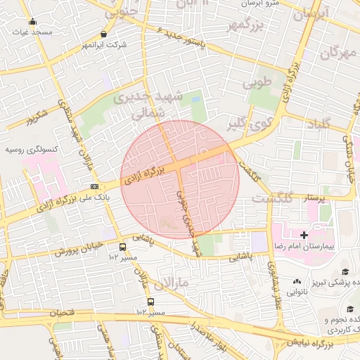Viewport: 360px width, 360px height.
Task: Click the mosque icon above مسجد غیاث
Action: click(x=32, y=21)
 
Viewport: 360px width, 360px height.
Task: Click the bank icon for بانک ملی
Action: click(x=94, y=186)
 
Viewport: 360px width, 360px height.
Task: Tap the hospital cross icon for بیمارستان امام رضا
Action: click(x=304, y=235)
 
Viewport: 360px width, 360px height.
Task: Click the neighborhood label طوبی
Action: click(x=257, y=83)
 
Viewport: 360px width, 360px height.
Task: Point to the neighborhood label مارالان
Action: click(x=174, y=283)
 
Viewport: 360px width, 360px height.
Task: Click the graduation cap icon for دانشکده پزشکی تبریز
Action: click(x=345, y=271)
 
